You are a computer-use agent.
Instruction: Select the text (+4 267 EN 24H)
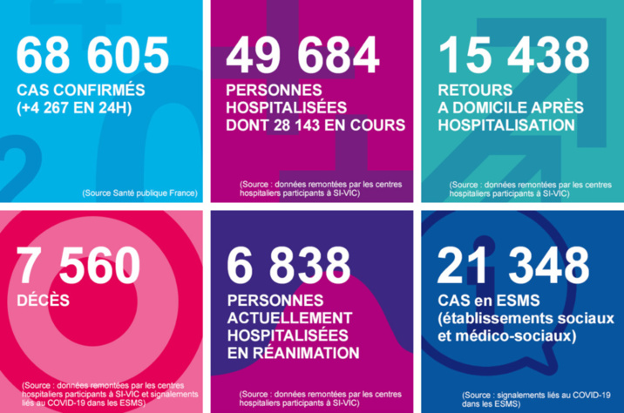click(x=77, y=109)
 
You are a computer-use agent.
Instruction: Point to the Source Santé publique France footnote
click(x=139, y=192)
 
